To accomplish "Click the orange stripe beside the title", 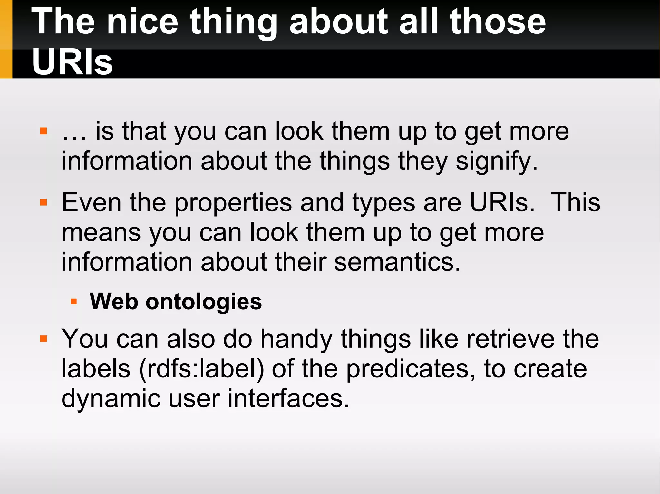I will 6,39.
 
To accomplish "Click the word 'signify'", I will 496,161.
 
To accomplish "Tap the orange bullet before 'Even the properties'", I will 44,202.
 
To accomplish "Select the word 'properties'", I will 233,203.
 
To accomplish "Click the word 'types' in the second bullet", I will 383,203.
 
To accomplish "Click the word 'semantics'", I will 397,262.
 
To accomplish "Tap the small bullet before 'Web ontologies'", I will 74,302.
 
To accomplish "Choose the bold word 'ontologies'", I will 204,302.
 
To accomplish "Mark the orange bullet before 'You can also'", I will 44,339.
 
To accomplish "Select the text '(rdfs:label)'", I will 202,369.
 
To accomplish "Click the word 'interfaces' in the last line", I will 288,398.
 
